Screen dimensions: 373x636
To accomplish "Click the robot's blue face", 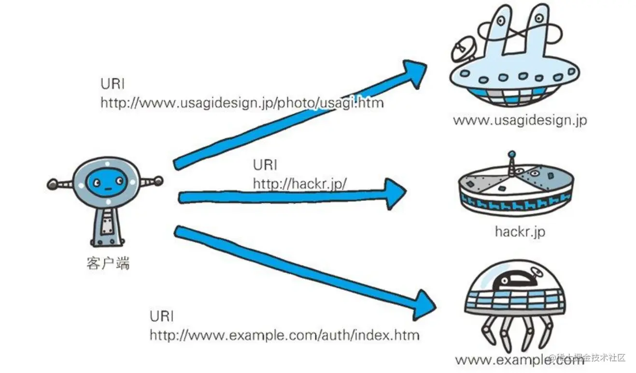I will (x=107, y=182).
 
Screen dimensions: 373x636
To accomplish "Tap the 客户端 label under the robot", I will (x=108, y=264).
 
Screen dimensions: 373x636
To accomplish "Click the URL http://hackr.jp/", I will (x=300, y=183).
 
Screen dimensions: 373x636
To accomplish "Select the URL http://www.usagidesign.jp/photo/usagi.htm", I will (x=242, y=103).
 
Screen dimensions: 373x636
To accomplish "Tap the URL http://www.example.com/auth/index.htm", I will (x=284, y=335).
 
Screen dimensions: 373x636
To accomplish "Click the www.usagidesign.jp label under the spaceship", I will (x=520, y=120).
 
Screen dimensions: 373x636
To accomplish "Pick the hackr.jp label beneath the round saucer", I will (x=520, y=231).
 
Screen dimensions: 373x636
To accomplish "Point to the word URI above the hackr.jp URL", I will (x=265, y=165).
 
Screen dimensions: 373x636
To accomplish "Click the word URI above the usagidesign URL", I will (x=113, y=84).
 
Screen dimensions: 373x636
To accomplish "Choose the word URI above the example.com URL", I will (x=162, y=316).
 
